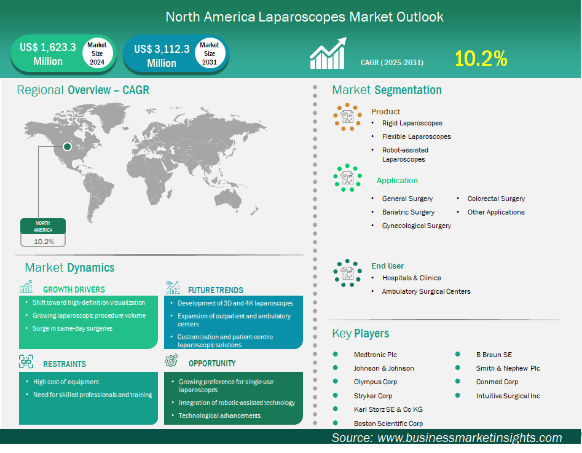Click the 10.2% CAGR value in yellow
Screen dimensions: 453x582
click(x=481, y=58)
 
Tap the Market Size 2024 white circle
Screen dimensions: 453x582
click(x=96, y=53)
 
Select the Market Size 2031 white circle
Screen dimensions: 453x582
click(x=209, y=53)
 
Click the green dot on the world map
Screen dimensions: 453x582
click(x=67, y=146)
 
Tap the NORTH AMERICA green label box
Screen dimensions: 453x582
click(x=42, y=226)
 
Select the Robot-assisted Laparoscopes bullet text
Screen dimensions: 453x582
click(x=405, y=154)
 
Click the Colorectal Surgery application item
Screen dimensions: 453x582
click(x=496, y=199)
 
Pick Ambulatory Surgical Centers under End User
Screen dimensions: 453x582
click(x=426, y=291)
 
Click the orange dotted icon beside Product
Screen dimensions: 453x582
click(x=347, y=116)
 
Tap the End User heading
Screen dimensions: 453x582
click(x=387, y=266)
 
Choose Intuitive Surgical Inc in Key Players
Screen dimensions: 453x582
click(x=508, y=396)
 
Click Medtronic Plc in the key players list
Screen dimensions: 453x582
click(x=375, y=355)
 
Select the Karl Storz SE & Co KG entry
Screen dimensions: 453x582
click(x=388, y=409)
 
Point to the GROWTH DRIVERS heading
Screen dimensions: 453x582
click(x=74, y=290)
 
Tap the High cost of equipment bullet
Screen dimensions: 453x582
click(x=66, y=382)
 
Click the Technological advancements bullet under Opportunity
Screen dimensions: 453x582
click(x=219, y=416)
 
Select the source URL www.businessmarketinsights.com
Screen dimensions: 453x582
click(x=470, y=438)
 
